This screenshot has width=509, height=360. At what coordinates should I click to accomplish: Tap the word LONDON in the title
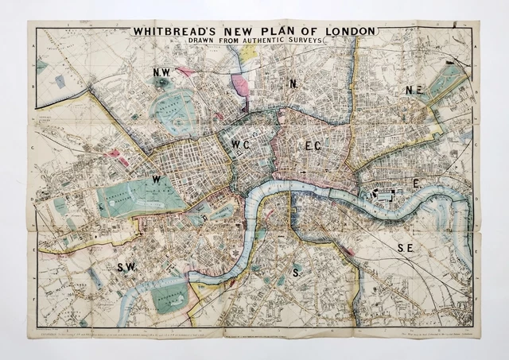pos(345,32)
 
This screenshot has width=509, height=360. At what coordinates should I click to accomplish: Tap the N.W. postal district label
pos(162,73)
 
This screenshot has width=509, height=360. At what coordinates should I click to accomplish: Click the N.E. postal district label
pos(414,91)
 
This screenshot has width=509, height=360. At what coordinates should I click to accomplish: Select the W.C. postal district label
pos(243,144)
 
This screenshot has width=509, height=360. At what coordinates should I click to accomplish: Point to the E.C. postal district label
pos(313,145)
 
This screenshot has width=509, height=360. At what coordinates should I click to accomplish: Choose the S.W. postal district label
pos(126,267)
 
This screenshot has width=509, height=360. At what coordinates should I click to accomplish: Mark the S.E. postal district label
pos(405,249)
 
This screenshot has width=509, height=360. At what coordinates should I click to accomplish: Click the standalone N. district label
pos(293,83)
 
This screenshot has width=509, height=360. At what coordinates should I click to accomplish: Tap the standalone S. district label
pos(297,273)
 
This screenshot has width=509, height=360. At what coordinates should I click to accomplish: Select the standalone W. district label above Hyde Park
pos(157,180)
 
